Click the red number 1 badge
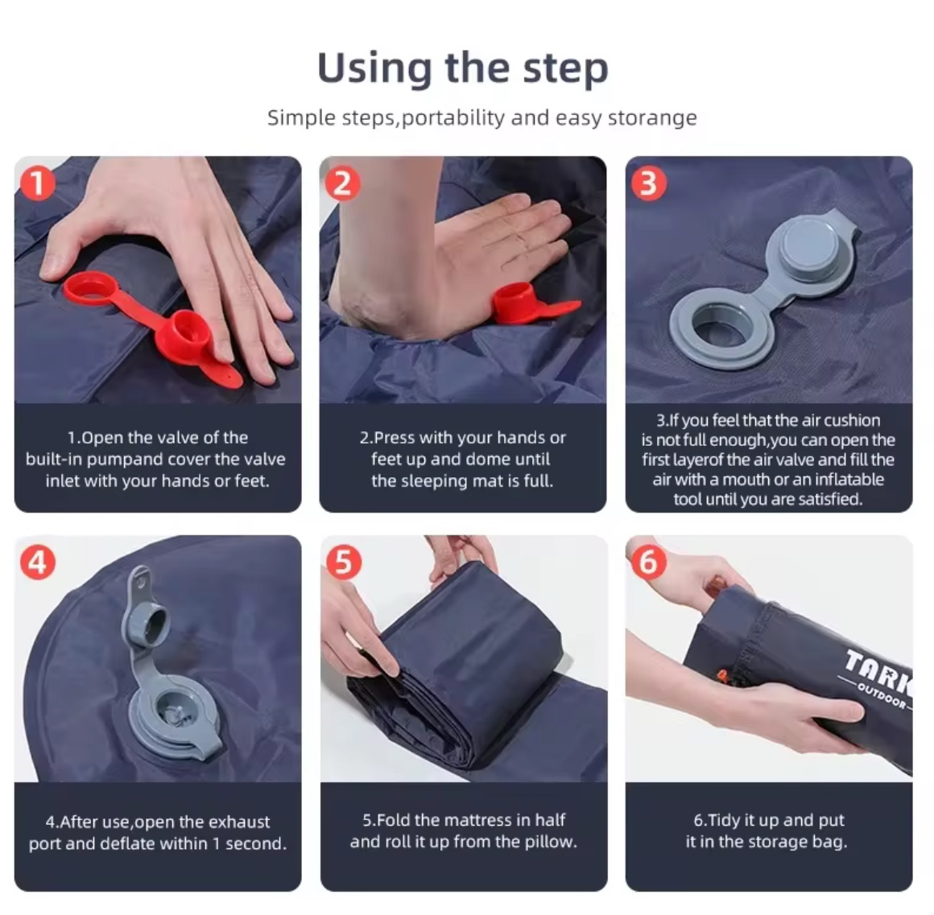click(x=38, y=183)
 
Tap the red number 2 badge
click(x=342, y=183)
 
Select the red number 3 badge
click(x=649, y=183)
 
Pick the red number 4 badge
click(x=38, y=562)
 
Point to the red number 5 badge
click(x=344, y=562)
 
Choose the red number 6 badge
click(x=649, y=562)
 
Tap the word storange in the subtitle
click(x=652, y=117)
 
